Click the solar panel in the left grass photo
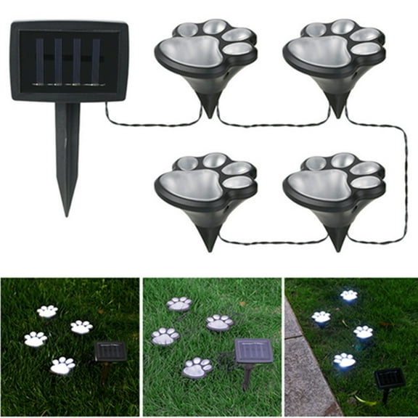(110, 351)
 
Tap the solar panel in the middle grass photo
(253, 351)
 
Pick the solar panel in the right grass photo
(390, 378)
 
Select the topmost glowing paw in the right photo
(349, 296)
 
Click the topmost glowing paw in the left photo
(47, 311)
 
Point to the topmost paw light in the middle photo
(179, 304)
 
